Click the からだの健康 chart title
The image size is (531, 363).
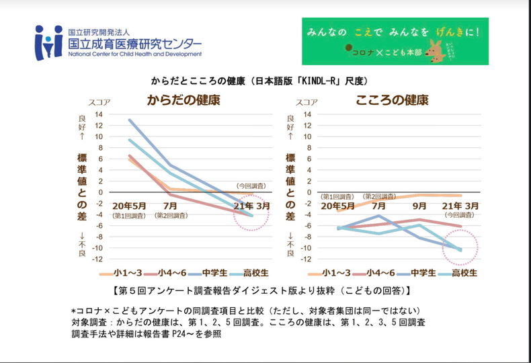183,101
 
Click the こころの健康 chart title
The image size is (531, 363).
393,100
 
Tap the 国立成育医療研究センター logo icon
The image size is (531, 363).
48,42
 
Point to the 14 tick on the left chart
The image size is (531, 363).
98,114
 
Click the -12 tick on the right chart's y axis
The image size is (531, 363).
307,259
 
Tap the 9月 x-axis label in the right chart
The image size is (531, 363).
419,205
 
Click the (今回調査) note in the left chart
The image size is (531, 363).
251,185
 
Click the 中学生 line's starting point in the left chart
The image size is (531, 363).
129,120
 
